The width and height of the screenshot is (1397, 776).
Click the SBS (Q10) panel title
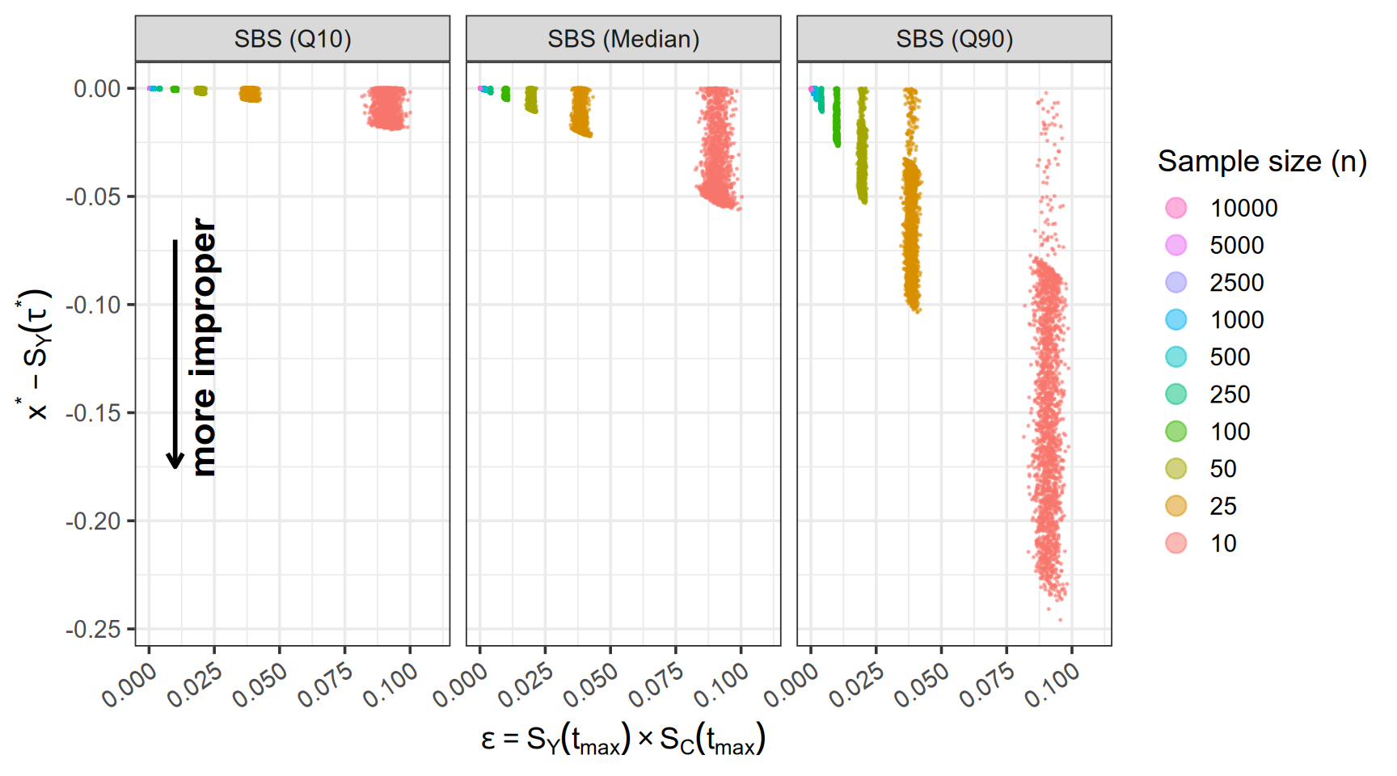pyautogui.click(x=293, y=39)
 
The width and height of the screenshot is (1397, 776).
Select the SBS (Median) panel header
pyautogui.click(x=623, y=39)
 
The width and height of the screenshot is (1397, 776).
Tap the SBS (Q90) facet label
pyautogui.click(x=954, y=39)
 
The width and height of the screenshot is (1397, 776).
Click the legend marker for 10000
pyautogui.click(x=1176, y=208)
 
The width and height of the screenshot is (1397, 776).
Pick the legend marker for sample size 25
pyautogui.click(x=1176, y=506)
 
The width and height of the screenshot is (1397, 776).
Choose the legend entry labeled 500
pyautogui.click(x=1230, y=357)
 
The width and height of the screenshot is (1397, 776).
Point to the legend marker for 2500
pyautogui.click(x=1176, y=282)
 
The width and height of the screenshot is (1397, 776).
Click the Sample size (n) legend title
pyautogui.click(x=1262, y=162)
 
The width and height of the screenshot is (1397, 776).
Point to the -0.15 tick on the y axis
pyautogui.click(x=93, y=413)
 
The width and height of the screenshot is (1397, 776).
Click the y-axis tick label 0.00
pyautogui.click(x=97, y=88)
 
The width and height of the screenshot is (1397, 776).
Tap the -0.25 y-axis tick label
pyautogui.click(x=93, y=629)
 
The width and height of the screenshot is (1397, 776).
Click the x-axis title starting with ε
pyautogui.click(x=623, y=739)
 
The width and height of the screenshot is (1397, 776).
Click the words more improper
pyautogui.click(x=204, y=348)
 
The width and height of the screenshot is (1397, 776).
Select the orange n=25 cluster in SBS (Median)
pyautogui.click(x=580, y=111)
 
